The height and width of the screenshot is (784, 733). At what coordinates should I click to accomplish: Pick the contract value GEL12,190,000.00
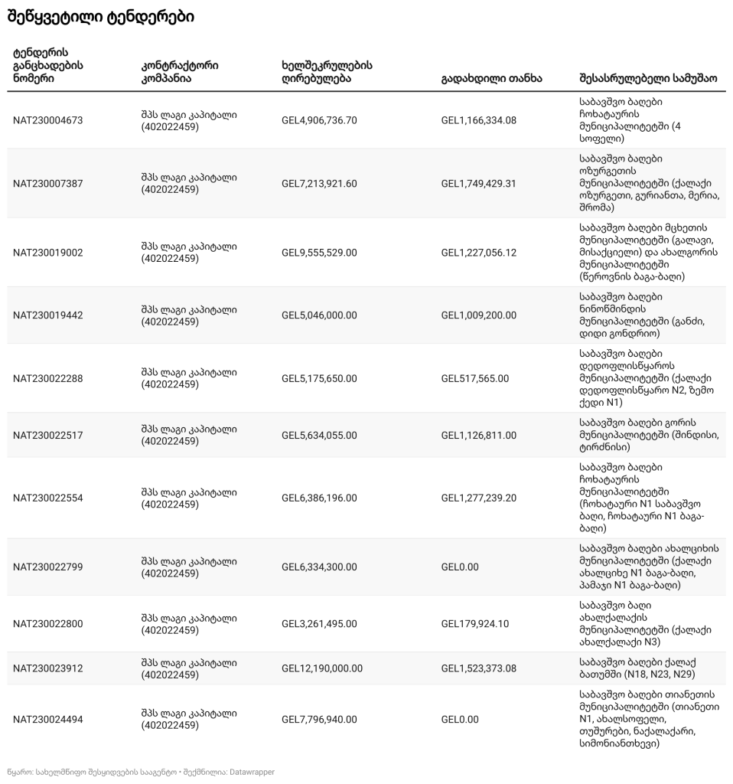pyautogui.click(x=322, y=668)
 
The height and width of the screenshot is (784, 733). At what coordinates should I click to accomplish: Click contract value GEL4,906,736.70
pyautogui.click(x=319, y=120)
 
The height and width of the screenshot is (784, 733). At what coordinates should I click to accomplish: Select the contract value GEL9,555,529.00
pyautogui.click(x=319, y=253)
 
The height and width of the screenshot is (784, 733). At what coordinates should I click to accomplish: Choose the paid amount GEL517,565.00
pyautogui.click(x=474, y=379)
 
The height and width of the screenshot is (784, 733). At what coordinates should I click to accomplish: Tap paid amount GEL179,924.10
pyautogui.click(x=474, y=624)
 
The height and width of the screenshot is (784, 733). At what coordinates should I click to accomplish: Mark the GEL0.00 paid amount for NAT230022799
pyautogui.click(x=460, y=567)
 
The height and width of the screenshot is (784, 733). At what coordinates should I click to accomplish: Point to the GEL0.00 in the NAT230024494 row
pyautogui.click(x=460, y=720)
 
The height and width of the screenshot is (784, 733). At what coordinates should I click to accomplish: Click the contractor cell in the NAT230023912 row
pyautogui.click(x=189, y=668)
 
